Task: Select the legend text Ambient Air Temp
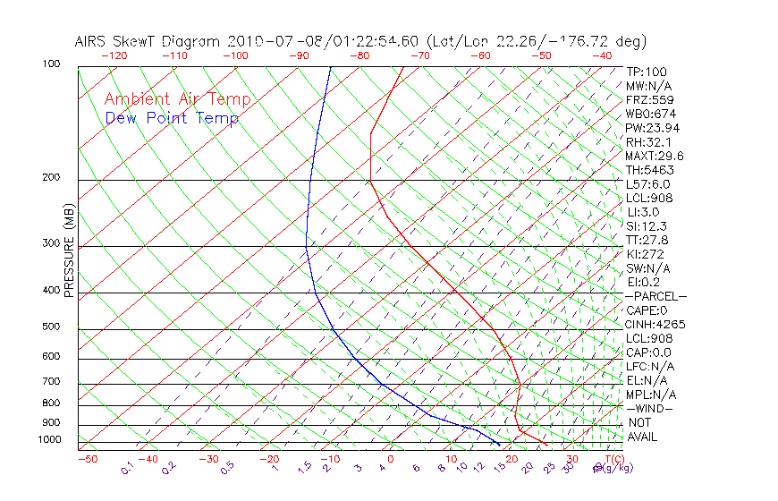click(177, 100)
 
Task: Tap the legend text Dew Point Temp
click(172, 118)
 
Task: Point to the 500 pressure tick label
click(52, 327)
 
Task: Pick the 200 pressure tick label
click(52, 177)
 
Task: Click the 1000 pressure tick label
click(49, 440)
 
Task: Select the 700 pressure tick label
click(52, 382)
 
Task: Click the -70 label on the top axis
click(419, 55)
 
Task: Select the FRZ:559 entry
click(647, 99)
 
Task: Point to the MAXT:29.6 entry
click(652, 156)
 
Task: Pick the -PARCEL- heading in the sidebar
click(655, 296)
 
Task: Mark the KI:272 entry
click(645, 254)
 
